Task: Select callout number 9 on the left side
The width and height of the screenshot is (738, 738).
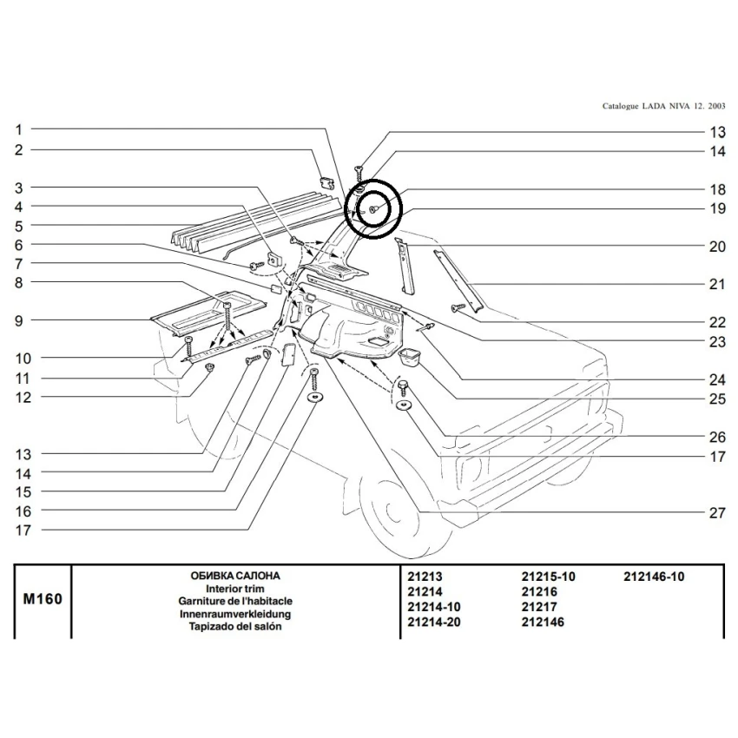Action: point(17,320)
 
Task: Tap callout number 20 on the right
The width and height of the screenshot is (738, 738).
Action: point(716,247)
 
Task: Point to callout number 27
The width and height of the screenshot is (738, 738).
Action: point(716,513)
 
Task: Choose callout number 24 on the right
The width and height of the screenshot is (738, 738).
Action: point(716,379)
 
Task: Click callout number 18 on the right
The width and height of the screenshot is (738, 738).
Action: point(716,189)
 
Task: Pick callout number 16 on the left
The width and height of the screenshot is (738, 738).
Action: point(23,511)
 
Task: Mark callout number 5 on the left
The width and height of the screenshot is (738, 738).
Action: point(17,226)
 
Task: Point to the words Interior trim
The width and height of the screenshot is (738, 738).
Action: point(235,588)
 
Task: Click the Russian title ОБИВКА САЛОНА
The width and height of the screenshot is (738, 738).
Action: point(235,576)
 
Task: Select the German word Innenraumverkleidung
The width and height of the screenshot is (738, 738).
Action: point(235,613)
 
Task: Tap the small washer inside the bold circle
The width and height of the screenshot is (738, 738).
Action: point(372,210)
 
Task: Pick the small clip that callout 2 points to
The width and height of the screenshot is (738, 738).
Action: point(327,181)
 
